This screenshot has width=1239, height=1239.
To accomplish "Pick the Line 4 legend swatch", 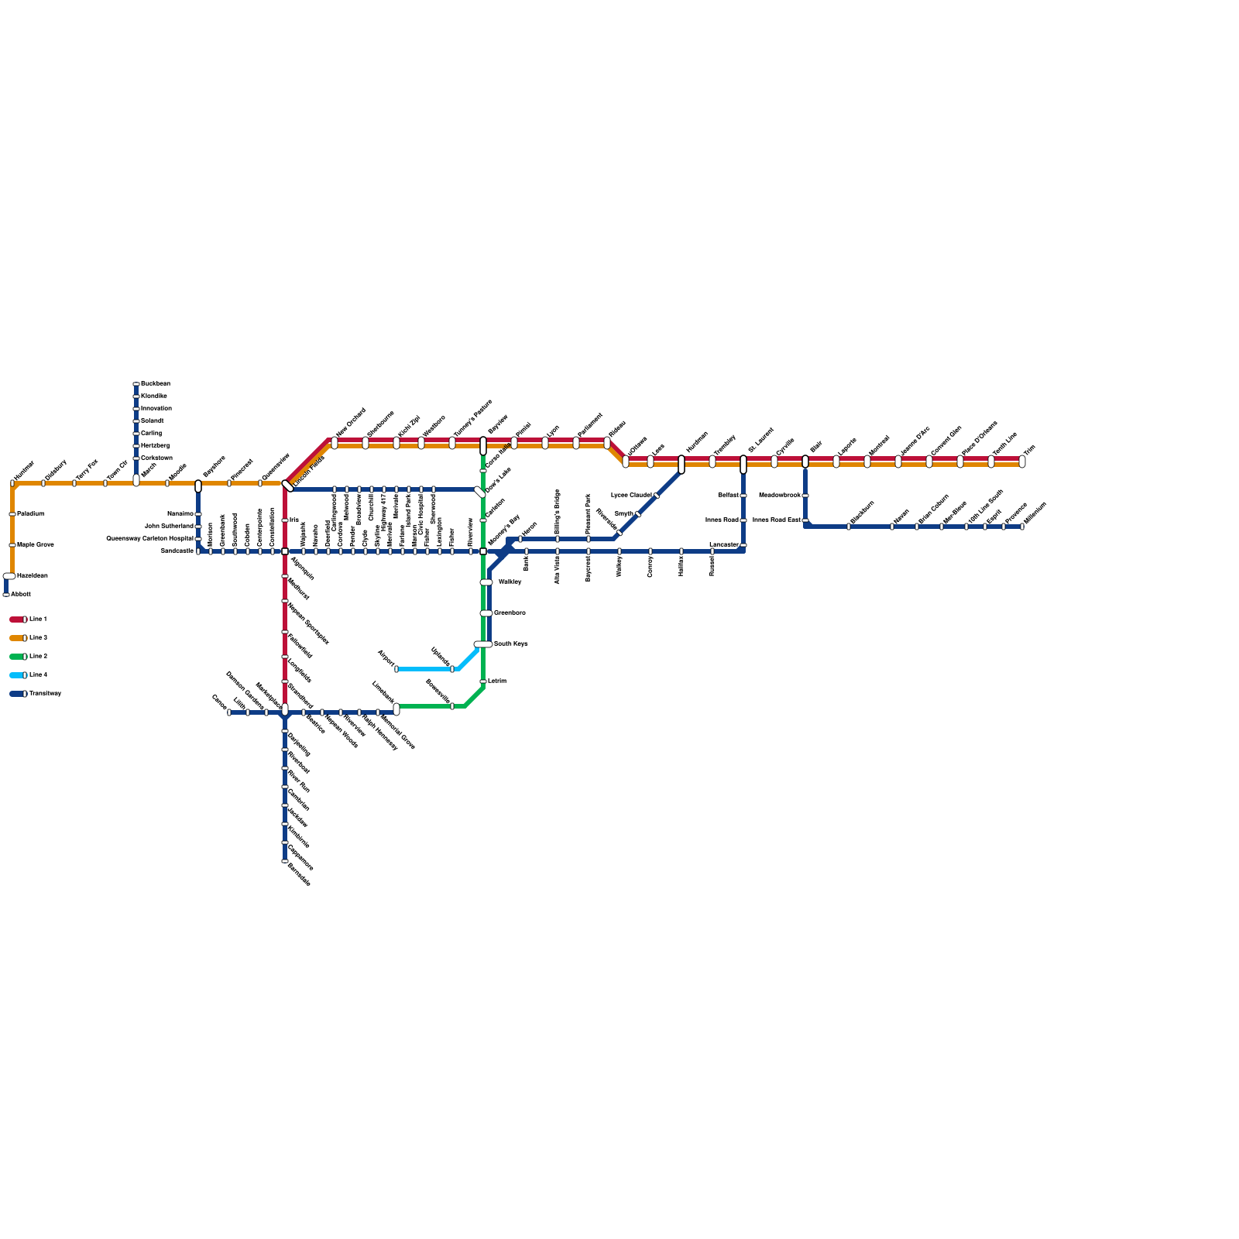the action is tap(17, 675).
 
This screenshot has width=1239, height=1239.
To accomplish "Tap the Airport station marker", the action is tap(396, 669).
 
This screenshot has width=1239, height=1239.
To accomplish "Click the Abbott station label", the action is tap(21, 595).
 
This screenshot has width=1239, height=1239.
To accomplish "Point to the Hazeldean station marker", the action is tap(9, 576).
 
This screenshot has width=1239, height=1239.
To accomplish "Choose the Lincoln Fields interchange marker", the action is tap(288, 486).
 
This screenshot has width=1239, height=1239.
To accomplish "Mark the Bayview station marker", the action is tap(483, 446).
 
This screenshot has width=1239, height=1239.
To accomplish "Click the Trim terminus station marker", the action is tap(1022, 462).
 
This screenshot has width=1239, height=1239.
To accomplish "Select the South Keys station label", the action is tap(510, 644).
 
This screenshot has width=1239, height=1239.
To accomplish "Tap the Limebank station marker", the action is tap(396, 709).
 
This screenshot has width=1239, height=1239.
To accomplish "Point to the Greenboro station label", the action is tap(510, 613).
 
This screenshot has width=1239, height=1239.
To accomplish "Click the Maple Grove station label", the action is tap(36, 545).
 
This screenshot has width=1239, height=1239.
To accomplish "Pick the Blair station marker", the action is tap(805, 462).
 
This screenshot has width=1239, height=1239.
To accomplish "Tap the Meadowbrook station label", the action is tap(779, 496).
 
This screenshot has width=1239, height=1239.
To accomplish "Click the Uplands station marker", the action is tap(452, 669).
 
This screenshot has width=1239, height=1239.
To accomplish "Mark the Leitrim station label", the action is tap(497, 681).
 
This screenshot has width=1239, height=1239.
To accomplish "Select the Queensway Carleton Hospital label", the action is tap(150, 539).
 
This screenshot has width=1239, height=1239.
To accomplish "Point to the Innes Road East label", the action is tap(776, 520).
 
